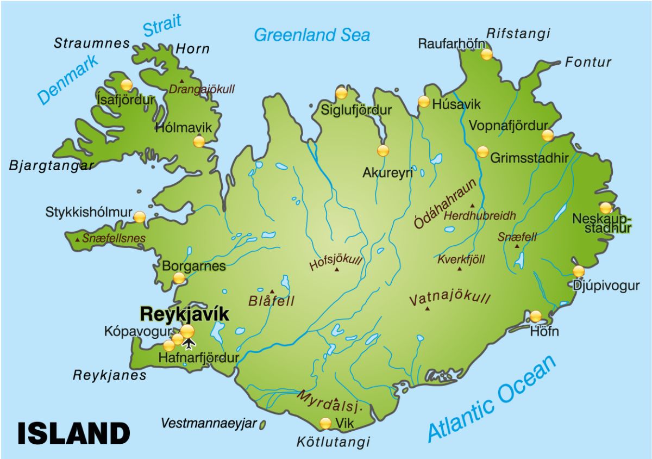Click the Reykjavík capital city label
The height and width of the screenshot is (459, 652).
click(x=184, y=314)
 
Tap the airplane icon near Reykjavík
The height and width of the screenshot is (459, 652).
click(x=189, y=343)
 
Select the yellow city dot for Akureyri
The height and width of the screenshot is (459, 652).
click(x=383, y=151)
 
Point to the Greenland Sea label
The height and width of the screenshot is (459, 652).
click(x=312, y=35)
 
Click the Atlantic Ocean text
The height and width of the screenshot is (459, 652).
click(x=492, y=398)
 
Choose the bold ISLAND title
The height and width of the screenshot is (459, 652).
click(x=73, y=433)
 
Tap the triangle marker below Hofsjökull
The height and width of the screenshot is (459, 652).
click(x=337, y=269)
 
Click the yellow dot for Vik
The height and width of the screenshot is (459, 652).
click(x=325, y=423)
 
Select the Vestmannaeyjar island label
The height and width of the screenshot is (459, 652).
click(x=209, y=423)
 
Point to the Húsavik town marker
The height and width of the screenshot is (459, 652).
click(x=423, y=101)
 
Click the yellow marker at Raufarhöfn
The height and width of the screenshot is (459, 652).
click(x=487, y=54)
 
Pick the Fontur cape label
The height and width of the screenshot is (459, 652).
click(x=588, y=62)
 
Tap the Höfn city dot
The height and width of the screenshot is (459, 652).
click(x=536, y=316)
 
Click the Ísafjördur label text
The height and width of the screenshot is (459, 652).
click(x=126, y=100)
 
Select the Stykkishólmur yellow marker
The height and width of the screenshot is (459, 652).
click(x=140, y=217)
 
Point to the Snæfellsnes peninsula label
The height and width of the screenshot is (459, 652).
click(x=114, y=238)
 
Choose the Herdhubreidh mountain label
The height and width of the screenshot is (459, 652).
click(x=480, y=216)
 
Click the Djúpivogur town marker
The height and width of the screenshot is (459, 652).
click(x=579, y=271)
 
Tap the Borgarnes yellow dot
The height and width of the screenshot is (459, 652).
click(x=179, y=278)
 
